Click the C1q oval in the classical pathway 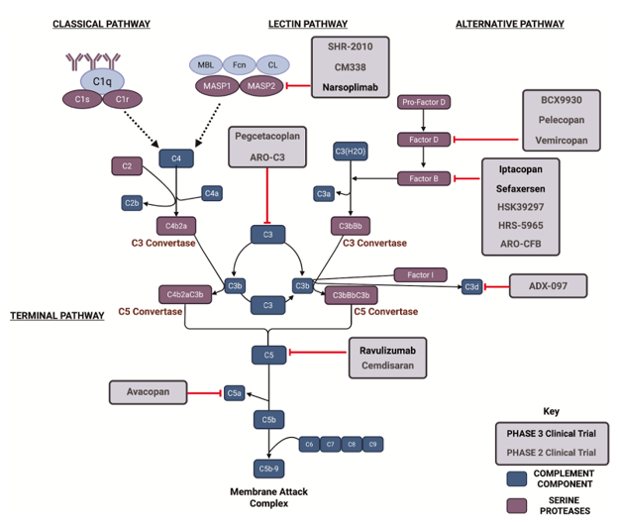(x=103, y=81)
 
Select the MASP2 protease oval (x=262, y=86)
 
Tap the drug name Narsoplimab (x=350, y=87)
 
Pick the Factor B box (x=423, y=178)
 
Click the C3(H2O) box (x=351, y=152)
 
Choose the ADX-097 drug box (x=548, y=286)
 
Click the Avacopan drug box (x=149, y=392)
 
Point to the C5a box (x=235, y=394)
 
